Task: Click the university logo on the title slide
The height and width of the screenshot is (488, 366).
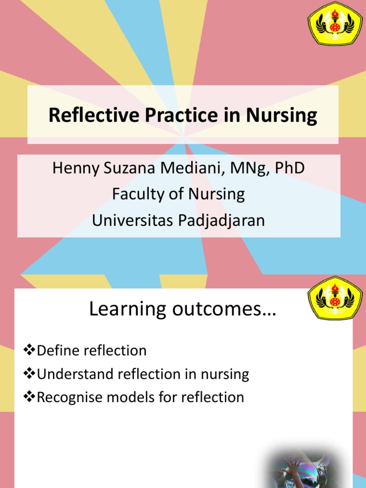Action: (x=335, y=24)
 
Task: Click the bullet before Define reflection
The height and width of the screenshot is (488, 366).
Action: (x=30, y=351)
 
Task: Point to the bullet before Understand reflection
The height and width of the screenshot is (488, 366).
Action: (x=30, y=374)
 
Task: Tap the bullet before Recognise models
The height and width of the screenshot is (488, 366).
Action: (x=30, y=397)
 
